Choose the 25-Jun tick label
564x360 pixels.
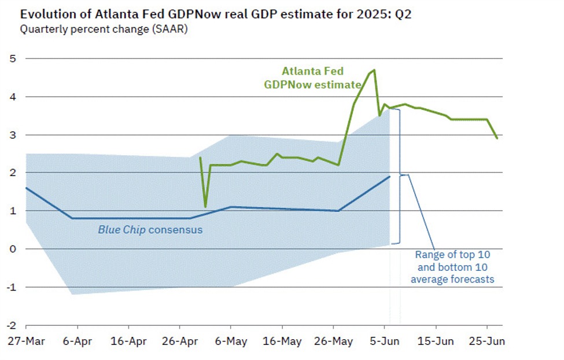486,341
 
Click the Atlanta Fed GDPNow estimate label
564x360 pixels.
313,77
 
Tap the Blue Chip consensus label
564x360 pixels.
150,230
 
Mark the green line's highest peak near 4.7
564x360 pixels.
374,70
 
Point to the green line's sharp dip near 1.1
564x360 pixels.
205,207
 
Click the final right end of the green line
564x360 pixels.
497,138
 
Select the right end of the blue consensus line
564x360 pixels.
390,177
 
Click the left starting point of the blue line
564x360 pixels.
26,188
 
